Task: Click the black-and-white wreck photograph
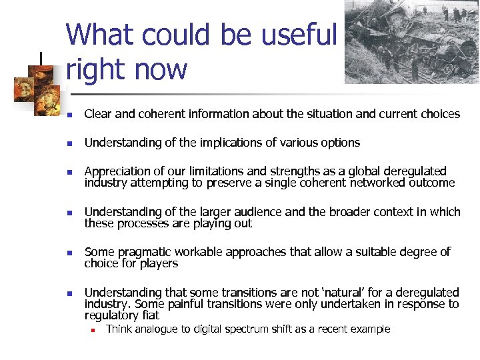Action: [x=411, y=41]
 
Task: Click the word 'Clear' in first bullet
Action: [x=98, y=114]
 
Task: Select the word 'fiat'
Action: [x=147, y=315]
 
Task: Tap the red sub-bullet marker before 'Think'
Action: [x=95, y=329]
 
